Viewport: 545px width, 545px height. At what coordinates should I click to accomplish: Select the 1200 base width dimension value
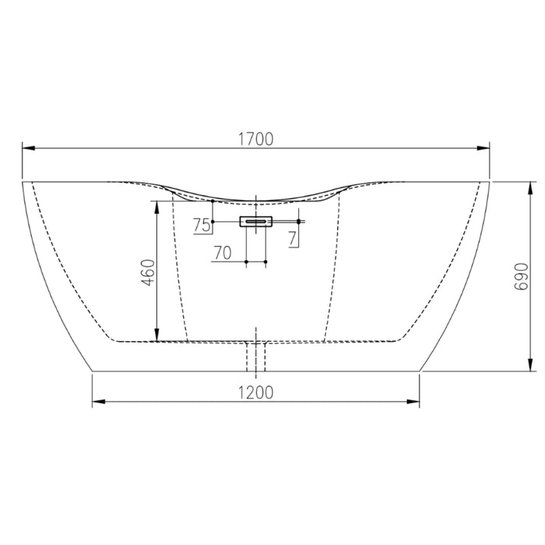pyautogui.click(x=256, y=393)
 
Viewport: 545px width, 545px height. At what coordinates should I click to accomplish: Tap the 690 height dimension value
pyautogui.click(x=522, y=276)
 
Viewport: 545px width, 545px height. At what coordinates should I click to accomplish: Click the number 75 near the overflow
pyautogui.click(x=201, y=226)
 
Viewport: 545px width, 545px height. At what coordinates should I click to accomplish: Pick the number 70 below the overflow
pyautogui.click(x=223, y=253)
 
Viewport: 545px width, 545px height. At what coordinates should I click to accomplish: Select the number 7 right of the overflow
pyautogui.click(x=292, y=238)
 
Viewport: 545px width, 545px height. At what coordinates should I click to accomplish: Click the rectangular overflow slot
pyautogui.click(x=256, y=222)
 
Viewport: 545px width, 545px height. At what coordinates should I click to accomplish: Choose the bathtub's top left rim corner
pyautogui.click(x=21, y=182)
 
